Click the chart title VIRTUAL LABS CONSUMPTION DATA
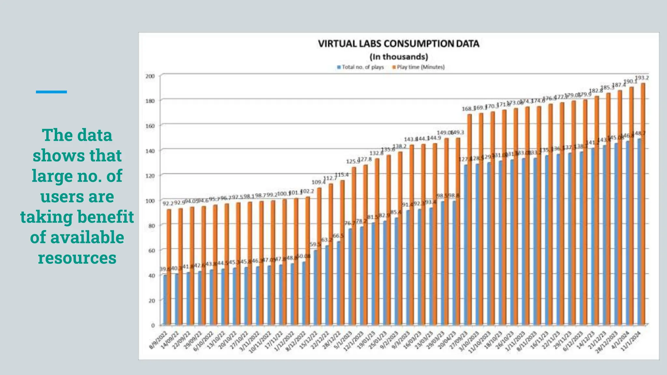point(398,44)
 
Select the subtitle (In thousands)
point(399,57)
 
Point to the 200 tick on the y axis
point(150,76)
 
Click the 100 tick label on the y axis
point(150,201)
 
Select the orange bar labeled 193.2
point(643,202)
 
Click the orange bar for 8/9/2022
point(169,267)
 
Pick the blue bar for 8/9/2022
point(165,299)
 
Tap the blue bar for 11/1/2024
point(639,231)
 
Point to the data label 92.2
point(168,203)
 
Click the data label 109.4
point(319,182)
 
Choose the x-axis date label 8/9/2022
point(159,340)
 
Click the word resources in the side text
point(77,258)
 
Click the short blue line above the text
point(51,92)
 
